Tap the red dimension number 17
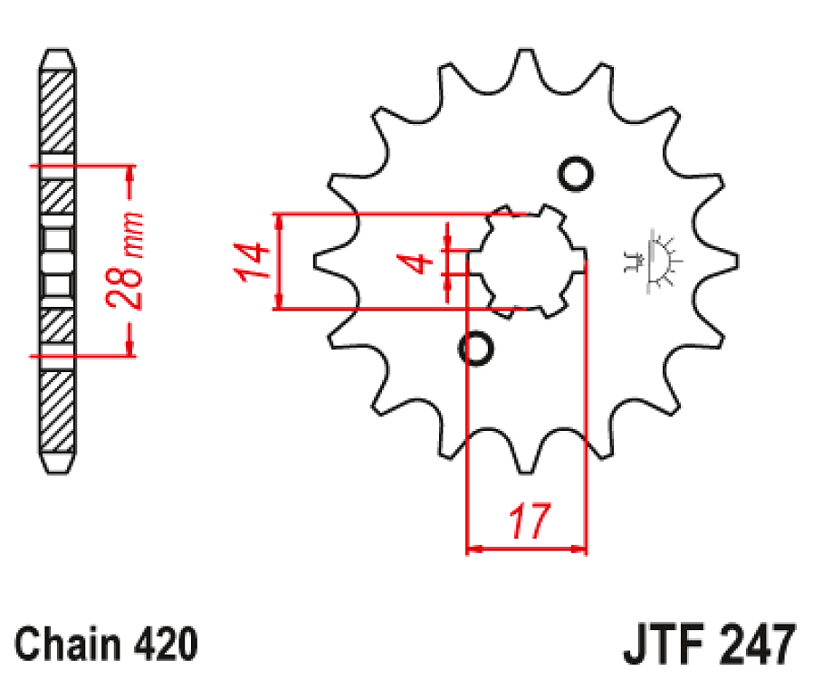coord(529,522)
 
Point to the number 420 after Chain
coord(163,644)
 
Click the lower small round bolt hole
coord(476,348)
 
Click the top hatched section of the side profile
coord(58,109)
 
